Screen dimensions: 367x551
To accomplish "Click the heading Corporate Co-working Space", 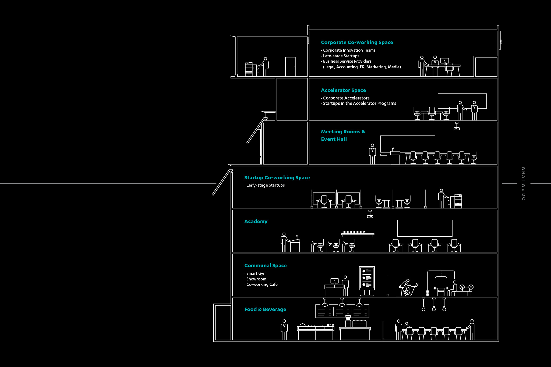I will click(357, 42).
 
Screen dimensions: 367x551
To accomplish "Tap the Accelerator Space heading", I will click(343, 90).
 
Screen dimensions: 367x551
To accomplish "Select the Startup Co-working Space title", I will click(277, 178).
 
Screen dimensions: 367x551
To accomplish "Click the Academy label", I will click(256, 222).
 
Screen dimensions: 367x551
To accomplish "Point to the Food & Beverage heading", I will click(265, 309).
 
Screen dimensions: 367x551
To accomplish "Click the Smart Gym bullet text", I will click(256, 273).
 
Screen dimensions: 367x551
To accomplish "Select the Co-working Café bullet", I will click(262, 284).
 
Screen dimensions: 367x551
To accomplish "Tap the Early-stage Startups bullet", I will click(265, 185).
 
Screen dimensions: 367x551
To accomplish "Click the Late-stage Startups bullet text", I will click(341, 56).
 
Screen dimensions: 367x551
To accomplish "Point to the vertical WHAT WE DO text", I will click(523, 183).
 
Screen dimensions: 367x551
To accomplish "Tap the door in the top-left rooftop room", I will click(290, 66).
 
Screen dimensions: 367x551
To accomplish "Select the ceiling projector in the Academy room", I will click(370, 215).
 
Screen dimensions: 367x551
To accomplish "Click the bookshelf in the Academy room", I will click(358, 233).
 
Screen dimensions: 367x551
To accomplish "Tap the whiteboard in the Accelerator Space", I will click(462, 101).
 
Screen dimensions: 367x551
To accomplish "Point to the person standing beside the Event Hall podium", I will click(372, 154).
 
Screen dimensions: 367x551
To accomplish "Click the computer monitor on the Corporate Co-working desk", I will click(444, 61).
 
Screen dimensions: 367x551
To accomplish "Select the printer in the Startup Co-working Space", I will click(458, 201).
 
